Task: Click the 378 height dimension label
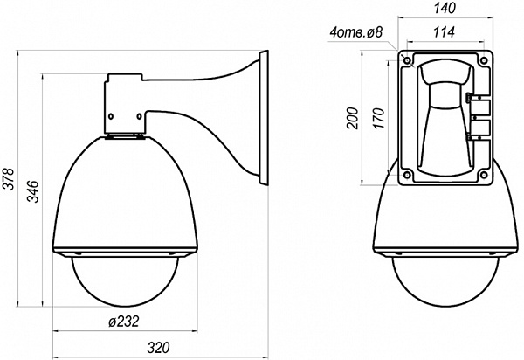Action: coord(9,179)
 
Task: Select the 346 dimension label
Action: coord(33,191)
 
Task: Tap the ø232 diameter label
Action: coord(124,322)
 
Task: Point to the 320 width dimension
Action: coord(158,348)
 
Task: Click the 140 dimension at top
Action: coord(445,9)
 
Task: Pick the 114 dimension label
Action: coord(445,32)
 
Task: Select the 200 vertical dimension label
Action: coord(353,118)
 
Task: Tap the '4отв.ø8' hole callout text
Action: coord(356,32)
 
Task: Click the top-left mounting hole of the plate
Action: coord(407,60)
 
